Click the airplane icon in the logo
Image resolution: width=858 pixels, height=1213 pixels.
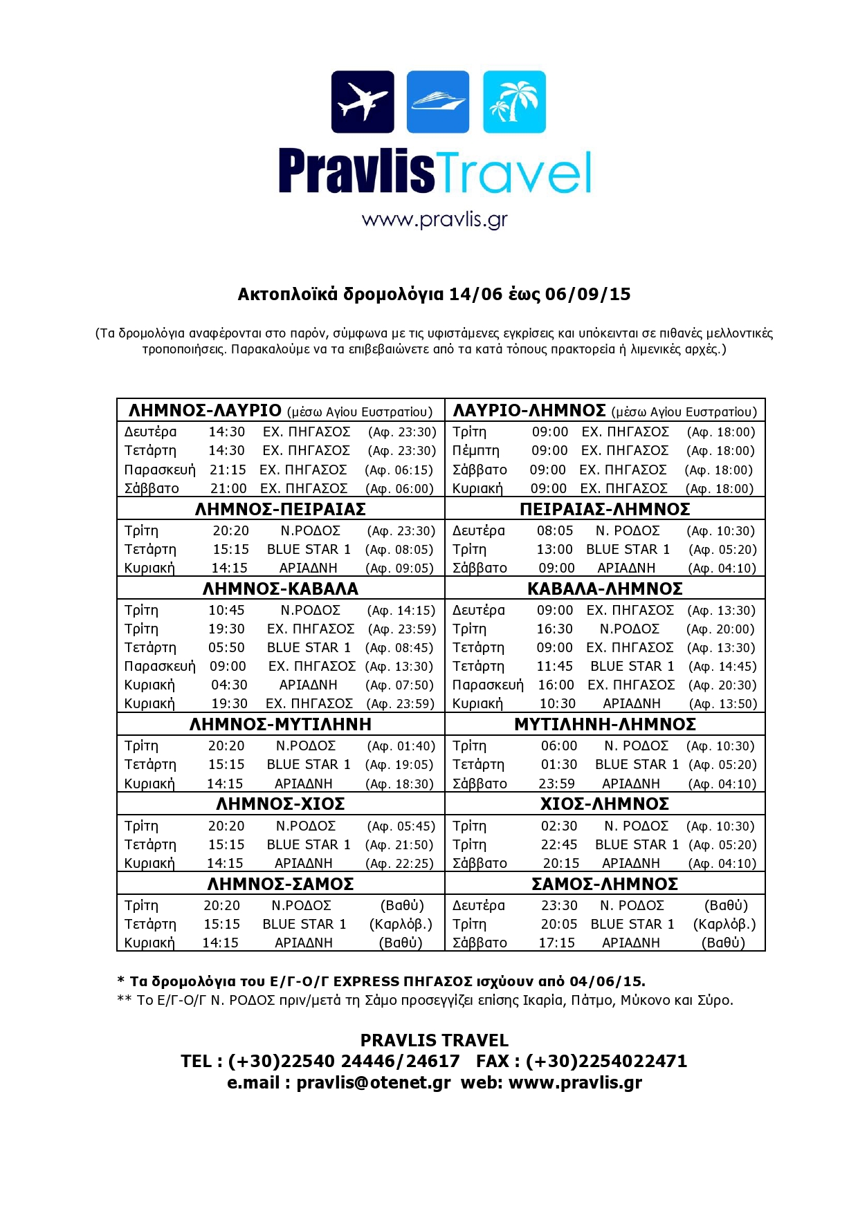pyautogui.click(x=363, y=102)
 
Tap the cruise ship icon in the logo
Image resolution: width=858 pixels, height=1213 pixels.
pyautogui.click(x=437, y=102)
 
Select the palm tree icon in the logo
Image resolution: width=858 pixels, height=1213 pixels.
pyautogui.click(x=514, y=102)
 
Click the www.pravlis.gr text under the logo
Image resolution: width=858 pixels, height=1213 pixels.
pyautogui.click(x=435, y=220)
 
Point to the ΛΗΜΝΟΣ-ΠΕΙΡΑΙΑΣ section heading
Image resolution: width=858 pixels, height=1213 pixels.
pyautogui.click(x=280, y=510)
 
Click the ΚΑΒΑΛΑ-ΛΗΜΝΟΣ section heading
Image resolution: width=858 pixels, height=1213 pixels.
pyautogui.click(x=605, y=589)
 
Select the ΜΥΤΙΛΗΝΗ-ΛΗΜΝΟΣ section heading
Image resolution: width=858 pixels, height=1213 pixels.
pyautogui.click(x=605, y=725)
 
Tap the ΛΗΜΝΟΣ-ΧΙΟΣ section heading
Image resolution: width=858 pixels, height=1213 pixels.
pyautogui.click(x=280, y=804)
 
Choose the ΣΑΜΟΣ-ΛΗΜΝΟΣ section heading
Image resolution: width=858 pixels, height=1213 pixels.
pyautogui.click(x=605, y=885)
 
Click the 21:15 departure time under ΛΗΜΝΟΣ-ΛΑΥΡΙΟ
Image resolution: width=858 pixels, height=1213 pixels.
pyautogui.click(x=228, y=470)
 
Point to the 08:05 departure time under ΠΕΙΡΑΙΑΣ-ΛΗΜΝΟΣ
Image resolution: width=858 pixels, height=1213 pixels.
pyautogui.click(x=555, y=531)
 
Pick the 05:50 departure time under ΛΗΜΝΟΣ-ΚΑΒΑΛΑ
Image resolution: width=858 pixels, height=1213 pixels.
pyautogui.click(x=226, y=648)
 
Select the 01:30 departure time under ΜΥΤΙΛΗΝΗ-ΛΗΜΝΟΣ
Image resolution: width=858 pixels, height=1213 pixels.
pyautogui.click(x=559, y=765)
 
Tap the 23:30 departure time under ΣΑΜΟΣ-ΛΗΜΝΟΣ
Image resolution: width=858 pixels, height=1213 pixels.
pyautogui.click(x=559, y=906)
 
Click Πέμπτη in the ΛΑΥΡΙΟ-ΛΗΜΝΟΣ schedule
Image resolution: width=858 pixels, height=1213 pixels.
pyautogui.click(x=475, y=451)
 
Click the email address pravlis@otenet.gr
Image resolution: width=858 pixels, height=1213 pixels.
pyautogui.click(x=374, y=1083)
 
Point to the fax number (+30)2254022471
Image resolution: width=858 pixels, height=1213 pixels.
pyautogui.click(x=606, y=1062)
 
